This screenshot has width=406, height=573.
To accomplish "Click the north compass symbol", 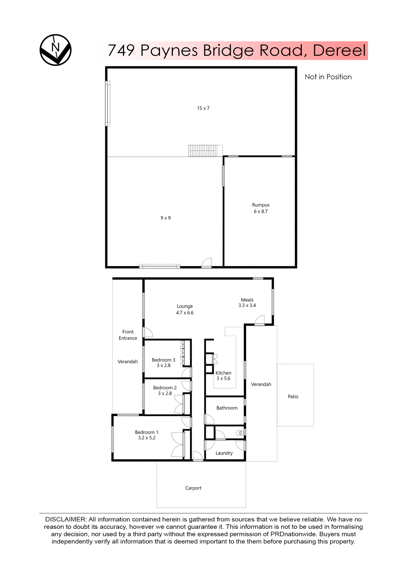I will pyautogui.click(x=56, y=50).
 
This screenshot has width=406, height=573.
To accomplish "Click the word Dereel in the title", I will pyautogui.click(x=339, y=50).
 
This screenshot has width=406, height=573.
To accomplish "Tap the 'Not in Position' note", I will pyautogui.click(x=328, y=77).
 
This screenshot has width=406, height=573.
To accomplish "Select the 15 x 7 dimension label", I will pyautogui.click(x=203, y=108).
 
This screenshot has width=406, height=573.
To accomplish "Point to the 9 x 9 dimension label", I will pyautogui.click(x=166, y=218).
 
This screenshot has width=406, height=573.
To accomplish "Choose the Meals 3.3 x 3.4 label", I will pyautogui.click(x=247, y=303).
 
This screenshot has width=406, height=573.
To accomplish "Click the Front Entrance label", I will pyautogui.click(x=128, y=335).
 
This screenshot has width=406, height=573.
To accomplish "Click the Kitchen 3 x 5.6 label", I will pyautogui.click(x=223, y=376).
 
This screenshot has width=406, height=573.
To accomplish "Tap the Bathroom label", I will pyautogui.click(x=227, y=408).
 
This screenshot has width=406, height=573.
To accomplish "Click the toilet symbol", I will pyautogui.click(x=240, y=433).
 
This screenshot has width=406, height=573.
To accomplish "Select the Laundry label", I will pyautogui.click(x=224, y=453).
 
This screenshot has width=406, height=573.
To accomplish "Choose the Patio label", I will pyautogui.click(x=293, y=397).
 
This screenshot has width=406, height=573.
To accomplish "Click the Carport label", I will pyautogui.click(x=193, y=488).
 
